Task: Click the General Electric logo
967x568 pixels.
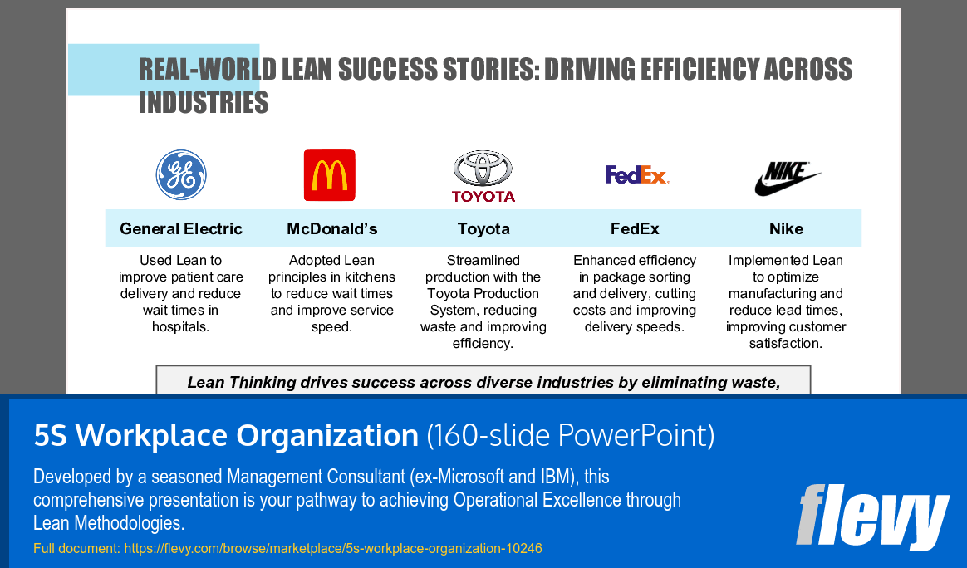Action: pos(181,174)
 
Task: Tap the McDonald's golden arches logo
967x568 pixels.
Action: pos(329,175)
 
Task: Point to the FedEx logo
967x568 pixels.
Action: pos(636,174)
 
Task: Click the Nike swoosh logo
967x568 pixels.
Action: pos(787,178)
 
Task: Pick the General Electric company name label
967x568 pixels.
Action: pos(181,228)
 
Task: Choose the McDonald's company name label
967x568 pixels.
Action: pos(332,228)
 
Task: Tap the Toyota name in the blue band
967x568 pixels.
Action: pos(483,228)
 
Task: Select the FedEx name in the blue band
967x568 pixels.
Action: pos(635,228)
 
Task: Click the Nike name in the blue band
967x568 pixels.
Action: pos(786,228)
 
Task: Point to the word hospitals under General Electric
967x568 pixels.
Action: pos(180,326)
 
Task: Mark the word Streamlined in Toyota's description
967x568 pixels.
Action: pos(483,260)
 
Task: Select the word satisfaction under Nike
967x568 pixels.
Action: pos(785,343)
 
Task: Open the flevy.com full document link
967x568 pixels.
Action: pos(332,548)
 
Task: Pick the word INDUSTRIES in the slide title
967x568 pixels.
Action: pos(204,102)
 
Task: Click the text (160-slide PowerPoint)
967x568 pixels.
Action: pos(570,435)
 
